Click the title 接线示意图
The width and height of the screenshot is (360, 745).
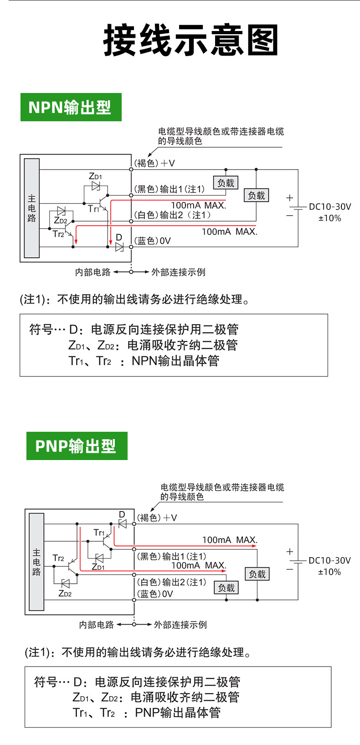pyautogui.click(x=190, y=40)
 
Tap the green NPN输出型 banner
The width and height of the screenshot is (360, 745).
pyautogui.click(x=71, y=107)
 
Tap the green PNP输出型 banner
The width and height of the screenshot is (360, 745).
pyautogui.click(x=77, y=445)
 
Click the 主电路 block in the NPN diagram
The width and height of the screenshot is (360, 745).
pyautogui.click(x=32, y=208)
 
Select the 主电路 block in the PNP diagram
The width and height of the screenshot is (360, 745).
pyautogui.click(x=36, y=562)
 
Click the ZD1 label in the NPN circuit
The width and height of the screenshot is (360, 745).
pyautogui.click(x=95, y=176)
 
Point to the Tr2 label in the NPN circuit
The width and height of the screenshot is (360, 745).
pyautogui.click(x=58, y=234)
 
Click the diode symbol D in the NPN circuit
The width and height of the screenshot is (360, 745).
pyautogui.click(x=119, y=247)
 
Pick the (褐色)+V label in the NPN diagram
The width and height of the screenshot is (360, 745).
pyautogui.click(x=154, y=163)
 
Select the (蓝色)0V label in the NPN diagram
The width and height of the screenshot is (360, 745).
pyautogui.click(x=152, y=241)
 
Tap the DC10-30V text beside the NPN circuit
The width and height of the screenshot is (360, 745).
pyautogui.click(x=330, y=207)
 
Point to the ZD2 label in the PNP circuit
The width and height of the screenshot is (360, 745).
pyautogui.click(x=65, y=593)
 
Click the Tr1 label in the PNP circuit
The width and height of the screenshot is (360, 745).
pyautogui.click(x=99, y=533)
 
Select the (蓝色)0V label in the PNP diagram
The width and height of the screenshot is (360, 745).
pyautogui.click(x=155, y=594)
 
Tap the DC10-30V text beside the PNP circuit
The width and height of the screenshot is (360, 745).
pyautogui.click(x=329, y=560)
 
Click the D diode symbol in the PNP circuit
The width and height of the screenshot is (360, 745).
pyautogui.click(x=122, y=524)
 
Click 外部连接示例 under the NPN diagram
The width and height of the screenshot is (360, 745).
pyautogui.click(x=178, y=272)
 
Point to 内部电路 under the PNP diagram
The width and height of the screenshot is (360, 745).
pyautogui.click(x=97, y=625)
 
